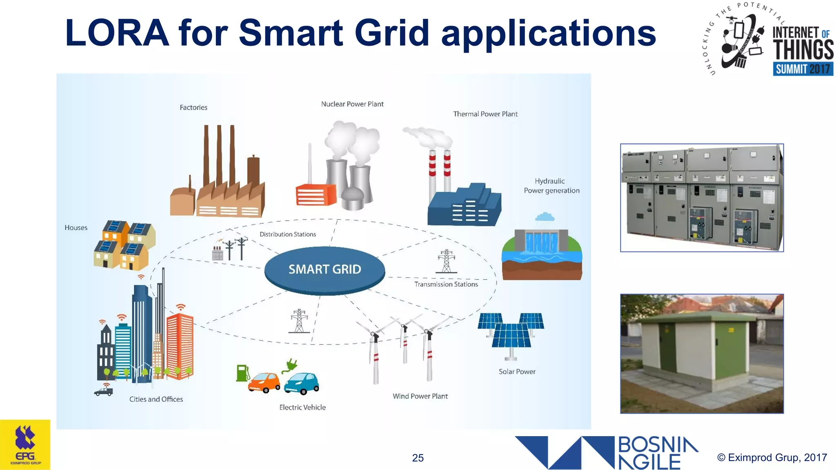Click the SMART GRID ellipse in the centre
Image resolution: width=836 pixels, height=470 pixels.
coord(325,270)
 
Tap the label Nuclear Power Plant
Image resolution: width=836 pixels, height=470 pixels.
coord(352,104)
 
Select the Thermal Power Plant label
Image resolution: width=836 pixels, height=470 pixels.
coord(485,114)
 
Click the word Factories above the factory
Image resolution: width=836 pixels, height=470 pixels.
coord(193,107)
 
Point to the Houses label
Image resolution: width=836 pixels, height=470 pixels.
coord(76,228)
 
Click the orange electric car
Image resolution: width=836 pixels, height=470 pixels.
coord(264,382)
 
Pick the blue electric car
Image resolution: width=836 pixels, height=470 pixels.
coord(302,384)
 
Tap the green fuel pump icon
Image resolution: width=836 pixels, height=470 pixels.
coord(242,373)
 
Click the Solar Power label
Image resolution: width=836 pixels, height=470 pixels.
coord(517,372)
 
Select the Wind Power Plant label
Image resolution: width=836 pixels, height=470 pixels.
coord(420,396)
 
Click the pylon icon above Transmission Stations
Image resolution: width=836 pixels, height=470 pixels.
coord(447,262)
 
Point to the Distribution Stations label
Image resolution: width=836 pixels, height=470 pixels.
coord(288,234)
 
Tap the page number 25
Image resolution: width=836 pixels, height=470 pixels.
coord(418,458)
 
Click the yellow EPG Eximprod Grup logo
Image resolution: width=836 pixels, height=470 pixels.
coord(25,445)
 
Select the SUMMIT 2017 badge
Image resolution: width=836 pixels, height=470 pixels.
coord(803,69)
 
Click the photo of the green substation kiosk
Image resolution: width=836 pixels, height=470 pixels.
coord(702,353)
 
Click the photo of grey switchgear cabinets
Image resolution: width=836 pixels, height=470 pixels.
coord(702,197)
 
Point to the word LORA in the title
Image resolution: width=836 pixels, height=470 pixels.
coord(117,33)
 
